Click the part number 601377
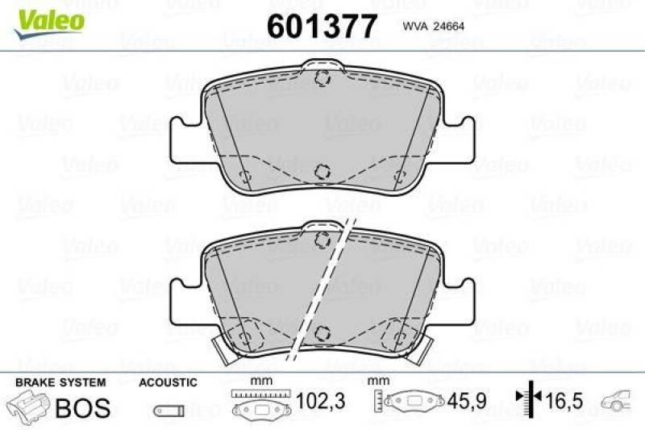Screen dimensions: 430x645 (x=322, y=27)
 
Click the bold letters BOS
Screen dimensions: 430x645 (x=83, y=407)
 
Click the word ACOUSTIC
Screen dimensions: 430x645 (x=167, y=382)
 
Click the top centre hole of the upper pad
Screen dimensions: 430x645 (x=322, y=79)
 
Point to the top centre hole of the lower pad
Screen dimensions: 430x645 (x=322, y=237)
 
